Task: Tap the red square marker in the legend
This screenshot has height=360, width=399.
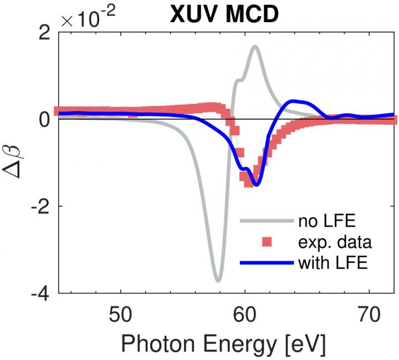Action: click(x=268, y=242)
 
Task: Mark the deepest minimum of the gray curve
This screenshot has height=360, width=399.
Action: click(x=218, y=280)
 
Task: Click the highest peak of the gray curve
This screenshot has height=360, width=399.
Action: click(x=255, y=47)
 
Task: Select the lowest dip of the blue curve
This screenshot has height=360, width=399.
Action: click(x=255, y=185)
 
